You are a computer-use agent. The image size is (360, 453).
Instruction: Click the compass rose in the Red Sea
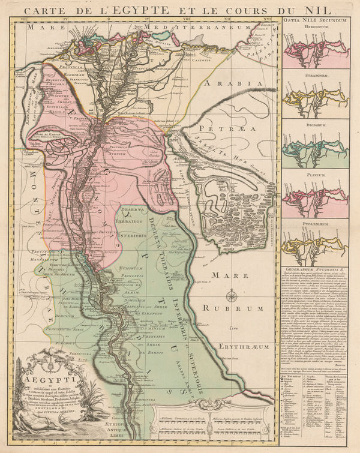(x=232, y=295)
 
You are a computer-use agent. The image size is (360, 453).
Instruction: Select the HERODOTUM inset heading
(x=318, y=28)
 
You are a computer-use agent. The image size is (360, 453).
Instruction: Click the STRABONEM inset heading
(x=318, y=76)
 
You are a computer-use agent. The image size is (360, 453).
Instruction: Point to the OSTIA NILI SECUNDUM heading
(x=318, y=20)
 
